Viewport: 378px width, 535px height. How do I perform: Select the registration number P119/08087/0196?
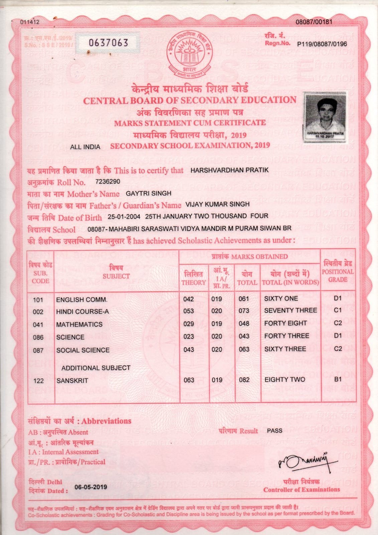pyautogui.click(x=322, y=44)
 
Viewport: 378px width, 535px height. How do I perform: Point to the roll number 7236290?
pyautogui.click(x=108, y=182)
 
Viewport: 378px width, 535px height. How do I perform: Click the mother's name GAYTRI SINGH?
pyautogui.click(x=148, y=193)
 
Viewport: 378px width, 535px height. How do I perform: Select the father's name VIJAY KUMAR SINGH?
pyautogui.click(x=218, y=204)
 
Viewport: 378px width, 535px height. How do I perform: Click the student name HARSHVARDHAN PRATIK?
pyautogui.click(x=229, y=170)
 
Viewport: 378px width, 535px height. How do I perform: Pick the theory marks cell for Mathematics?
pyautogui.click(x=189, y=323)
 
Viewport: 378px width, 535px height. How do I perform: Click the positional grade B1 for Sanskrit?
pyautogui.click(x=338, y=379)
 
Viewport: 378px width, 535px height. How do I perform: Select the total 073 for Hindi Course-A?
pyautogui.click(x=244, y=311)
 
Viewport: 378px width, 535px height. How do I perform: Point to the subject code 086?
pyautogui.click(x=38, y=337)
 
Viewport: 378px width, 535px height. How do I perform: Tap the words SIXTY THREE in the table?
pyautogui.click(x=285, y=349)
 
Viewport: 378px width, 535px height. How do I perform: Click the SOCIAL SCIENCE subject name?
pyautogui.click(x=83, y=350)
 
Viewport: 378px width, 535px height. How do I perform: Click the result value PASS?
pyautogui.click(x=274, y=431)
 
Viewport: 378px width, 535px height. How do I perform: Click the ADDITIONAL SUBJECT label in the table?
pyautogui.click(x=96, y=368)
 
